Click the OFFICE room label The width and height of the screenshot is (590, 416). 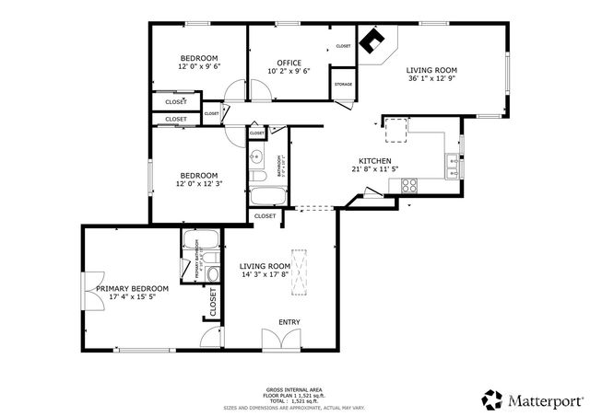click(x=289, y=63)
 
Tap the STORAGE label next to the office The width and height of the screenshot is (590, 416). click(x=343, y=84)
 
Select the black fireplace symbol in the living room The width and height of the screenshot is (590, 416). click(x=372, y=41)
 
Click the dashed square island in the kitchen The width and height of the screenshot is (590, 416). click(x=396, y=131)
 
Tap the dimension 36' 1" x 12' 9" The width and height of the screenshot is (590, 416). click(x=432, y=78)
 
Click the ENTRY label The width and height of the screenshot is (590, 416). click(x=289, y=322)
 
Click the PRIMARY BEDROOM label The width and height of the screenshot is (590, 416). click(x=125, y=288)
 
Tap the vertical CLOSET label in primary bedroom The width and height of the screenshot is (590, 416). click(x=213, y=302)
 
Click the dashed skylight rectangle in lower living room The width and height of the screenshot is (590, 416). click(x=301, y=274)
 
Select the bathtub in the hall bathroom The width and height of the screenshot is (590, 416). click(x=267, y=196)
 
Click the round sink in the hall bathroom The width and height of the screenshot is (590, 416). click(x=257, y=154)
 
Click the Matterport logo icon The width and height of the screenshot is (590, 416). click(x=491, y=399)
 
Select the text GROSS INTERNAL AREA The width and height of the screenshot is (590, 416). click(x=293, y=389)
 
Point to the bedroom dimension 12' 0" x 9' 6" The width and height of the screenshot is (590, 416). click(x=198, y=66)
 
